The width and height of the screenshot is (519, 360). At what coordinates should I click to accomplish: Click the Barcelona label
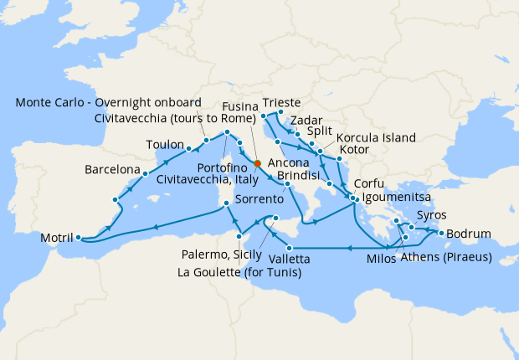[113, 170]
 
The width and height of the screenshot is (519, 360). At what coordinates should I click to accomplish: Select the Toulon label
[165, 143]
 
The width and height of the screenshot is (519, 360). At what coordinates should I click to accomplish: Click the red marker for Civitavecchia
[258, 163]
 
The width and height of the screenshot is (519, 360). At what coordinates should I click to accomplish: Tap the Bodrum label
[470, 234]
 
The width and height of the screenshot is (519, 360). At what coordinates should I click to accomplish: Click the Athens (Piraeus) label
[446, 255]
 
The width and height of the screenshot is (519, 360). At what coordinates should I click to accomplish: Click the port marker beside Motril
[78, 238]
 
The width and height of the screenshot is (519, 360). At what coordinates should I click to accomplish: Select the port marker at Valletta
[289, 248]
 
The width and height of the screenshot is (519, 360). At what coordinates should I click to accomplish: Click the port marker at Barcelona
[146, 174]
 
